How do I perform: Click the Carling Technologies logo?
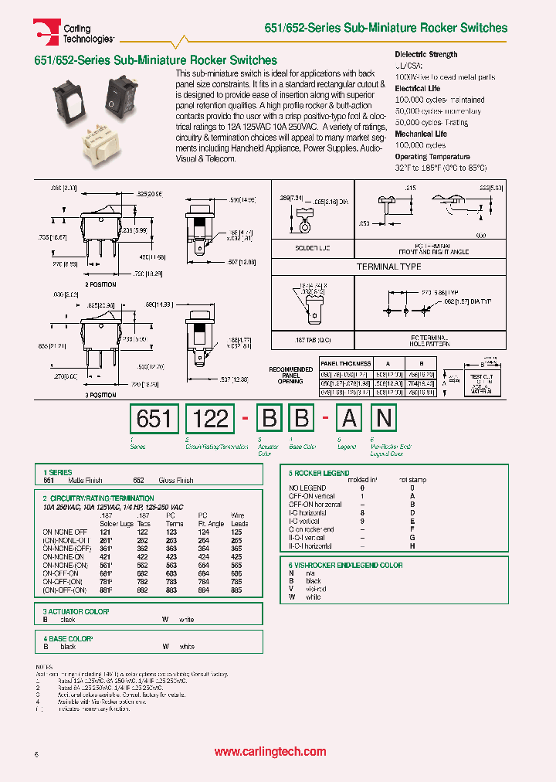pos(74,32)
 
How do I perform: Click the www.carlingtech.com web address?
pos(270,752)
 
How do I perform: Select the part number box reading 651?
pos(154,418)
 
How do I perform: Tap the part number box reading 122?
pos(210,418)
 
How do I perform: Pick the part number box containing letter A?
pos(349,418)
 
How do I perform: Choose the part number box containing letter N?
pos(384,418)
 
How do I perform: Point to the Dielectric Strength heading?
pos(425,54)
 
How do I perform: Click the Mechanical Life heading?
pos(420,134)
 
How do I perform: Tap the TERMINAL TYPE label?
pos(388,267)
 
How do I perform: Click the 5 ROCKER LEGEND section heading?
pos(319,473)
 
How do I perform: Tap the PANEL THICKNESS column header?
pos(346,363)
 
